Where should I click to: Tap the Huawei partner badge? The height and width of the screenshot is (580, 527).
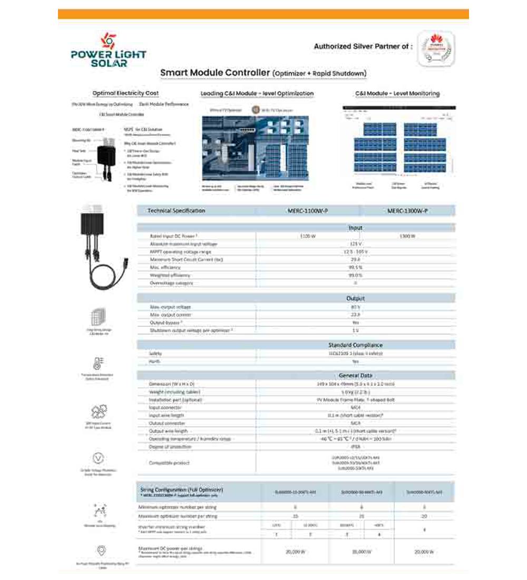pos(436,47)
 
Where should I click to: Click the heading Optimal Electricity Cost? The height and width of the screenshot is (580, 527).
pos(125,93)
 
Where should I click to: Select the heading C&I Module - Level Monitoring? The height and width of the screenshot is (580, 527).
pos(397,93)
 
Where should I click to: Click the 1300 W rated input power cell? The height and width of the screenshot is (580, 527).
pos(407,236)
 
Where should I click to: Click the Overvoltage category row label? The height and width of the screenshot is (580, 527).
pos(171,283)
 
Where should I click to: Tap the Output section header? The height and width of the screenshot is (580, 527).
pos(355,298)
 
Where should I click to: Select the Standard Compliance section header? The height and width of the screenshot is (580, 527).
pos(355,345)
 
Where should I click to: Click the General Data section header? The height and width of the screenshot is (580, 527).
pos(355,375)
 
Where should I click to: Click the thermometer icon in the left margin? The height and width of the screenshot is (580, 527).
pos(99,363)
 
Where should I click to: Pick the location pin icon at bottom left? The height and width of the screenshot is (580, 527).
pos(99,551)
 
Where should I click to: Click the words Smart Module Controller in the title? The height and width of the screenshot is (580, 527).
pos(215,72)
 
